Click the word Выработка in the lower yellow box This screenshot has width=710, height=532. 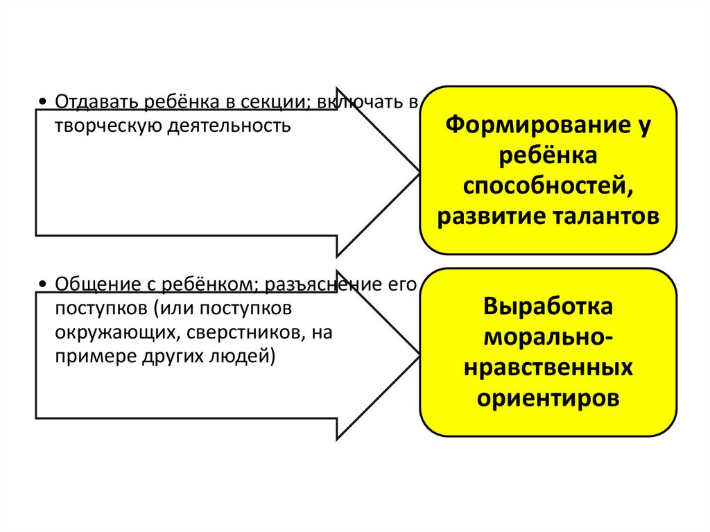pyautogui.click(x=548, y=307)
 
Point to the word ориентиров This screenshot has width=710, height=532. pyautogui.click(x=548, y=399)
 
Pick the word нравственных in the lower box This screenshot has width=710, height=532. pyautogui.click(x=548, y=368)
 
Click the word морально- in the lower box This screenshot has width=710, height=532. pyautogui.click(x=548, y=337)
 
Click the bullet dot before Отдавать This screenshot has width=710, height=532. pyautogui.click(x=44, y=103)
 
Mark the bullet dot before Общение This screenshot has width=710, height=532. pyautogui.click(x=44, y=285)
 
